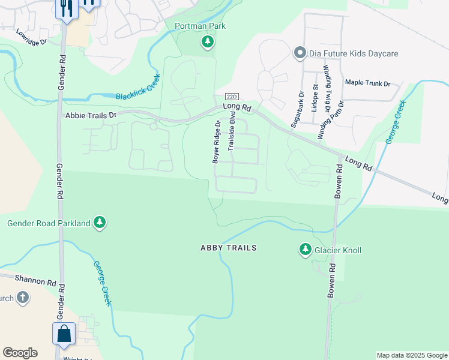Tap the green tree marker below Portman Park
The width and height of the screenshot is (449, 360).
point(207,41)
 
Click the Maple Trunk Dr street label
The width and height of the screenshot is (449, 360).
point(367,83)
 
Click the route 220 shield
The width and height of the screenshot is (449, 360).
point(232,97)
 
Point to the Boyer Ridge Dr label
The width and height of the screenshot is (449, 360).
point(215,142)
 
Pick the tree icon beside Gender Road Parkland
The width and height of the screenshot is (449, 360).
point(100,223)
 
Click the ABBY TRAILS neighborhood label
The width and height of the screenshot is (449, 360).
point(228,248)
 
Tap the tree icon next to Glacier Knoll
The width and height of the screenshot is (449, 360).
point(306,249)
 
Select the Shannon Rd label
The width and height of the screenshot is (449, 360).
point(36,281)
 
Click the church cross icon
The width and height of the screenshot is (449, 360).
point(22,298)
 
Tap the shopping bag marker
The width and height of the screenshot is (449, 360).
point(64,334)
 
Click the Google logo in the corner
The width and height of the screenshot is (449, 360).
point(20,353)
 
